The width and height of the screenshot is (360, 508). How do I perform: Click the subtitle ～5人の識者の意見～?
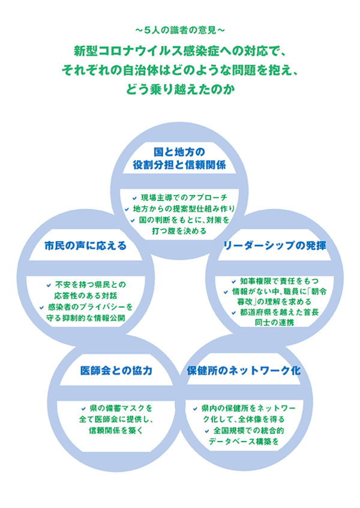[x=180, y=29]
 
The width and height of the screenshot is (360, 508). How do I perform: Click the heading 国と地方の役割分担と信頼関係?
[x=180, y=158]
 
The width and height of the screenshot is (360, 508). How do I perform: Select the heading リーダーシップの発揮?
[x=274, y=245]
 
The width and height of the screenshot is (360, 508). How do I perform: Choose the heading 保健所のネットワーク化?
[x=244, y=371]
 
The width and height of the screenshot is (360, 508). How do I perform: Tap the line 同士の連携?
[x=274, y=322]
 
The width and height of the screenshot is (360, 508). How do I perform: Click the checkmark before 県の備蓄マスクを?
[x=84, y=408]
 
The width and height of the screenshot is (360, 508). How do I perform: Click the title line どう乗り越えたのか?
[x=180, y=89]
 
